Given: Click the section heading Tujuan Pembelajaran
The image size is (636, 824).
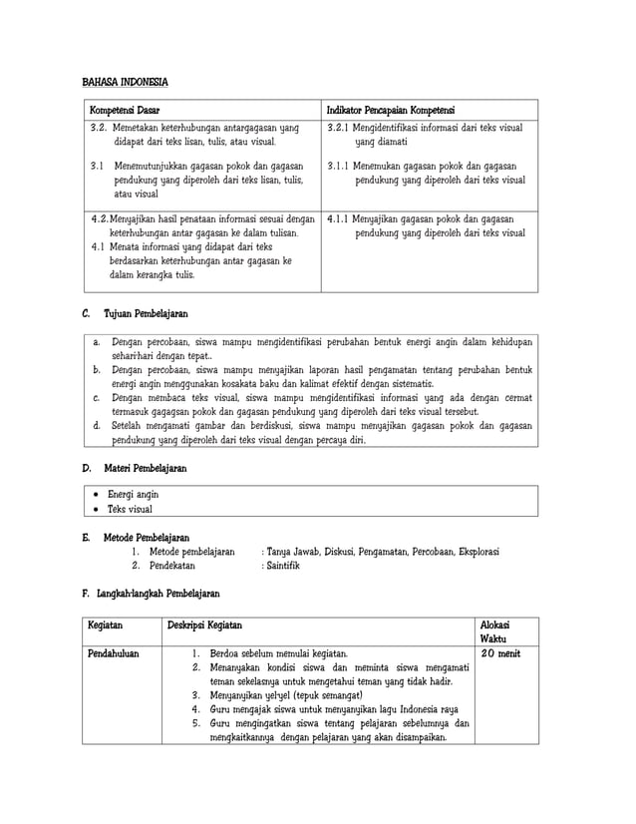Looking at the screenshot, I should tap(146, 314).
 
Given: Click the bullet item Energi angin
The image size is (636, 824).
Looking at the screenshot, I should tap(133, 494).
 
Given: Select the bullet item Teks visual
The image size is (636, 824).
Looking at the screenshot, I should tap(131, 509).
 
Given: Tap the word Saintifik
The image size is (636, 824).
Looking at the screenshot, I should tap(283, 566).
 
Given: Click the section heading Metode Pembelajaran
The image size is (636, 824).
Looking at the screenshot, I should tap(147, 538).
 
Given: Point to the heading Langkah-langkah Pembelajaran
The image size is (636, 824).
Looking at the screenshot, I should tap(159, 594).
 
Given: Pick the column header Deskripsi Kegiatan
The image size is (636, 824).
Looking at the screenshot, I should tap(203, 624).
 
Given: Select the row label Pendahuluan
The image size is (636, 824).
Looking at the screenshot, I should tap(114, 654).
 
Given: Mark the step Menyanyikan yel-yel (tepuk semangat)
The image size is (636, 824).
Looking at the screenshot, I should tap(285, 695).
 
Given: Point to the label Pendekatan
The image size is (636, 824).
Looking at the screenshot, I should tap(176, 566).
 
